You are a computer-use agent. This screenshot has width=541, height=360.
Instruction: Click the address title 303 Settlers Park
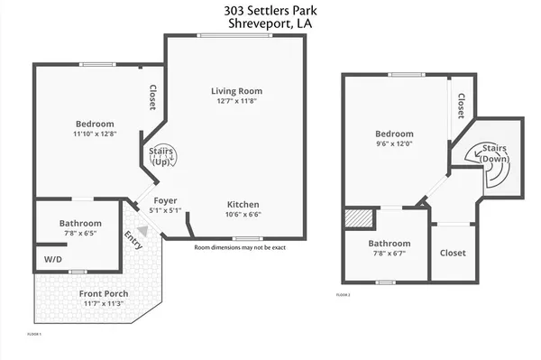coord(270,11)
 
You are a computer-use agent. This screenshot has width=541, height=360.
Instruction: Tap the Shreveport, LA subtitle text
coord(270,24)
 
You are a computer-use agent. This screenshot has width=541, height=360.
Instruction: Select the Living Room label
coord(236,91)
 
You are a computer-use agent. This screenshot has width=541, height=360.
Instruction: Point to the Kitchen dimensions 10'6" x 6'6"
coord(243,215)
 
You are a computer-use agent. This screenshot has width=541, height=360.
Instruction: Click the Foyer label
coord(165,200)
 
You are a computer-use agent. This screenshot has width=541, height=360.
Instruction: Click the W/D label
coord(53,260)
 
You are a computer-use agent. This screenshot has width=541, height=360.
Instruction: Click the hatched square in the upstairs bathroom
coord(357,220)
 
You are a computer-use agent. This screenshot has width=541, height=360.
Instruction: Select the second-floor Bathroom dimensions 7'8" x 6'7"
coord(389,254)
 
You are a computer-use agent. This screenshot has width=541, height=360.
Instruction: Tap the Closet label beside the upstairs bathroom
coord(453,253)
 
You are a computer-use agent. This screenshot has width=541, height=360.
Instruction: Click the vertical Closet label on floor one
coord(153,97)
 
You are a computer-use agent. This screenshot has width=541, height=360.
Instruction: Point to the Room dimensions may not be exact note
coord(240,246)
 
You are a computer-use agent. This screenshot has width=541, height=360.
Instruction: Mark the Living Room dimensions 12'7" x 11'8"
coord(236,102)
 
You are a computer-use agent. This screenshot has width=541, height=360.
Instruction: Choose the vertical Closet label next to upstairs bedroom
coord(461,107)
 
